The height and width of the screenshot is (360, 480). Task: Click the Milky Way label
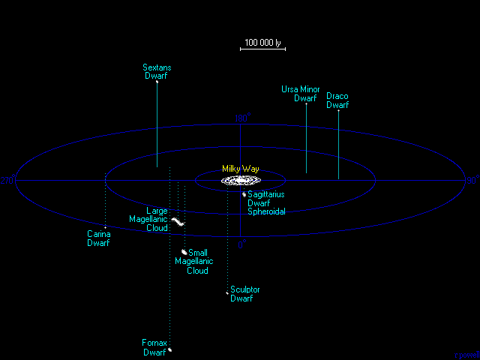tap(240, 169)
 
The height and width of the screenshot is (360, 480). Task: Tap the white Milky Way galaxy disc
tap(240, 181)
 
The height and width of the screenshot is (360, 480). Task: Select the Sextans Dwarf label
tap(157, 71)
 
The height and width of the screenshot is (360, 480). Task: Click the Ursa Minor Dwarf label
tap(300, 94)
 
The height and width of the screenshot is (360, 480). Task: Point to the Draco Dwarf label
tap(337, 100)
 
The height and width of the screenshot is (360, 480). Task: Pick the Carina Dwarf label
tap(99, 238)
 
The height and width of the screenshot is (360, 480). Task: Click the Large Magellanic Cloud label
tap(148, 219)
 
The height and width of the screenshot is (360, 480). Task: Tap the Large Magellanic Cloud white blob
tap(178, 221)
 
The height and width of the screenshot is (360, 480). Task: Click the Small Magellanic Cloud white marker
tap(184, 252)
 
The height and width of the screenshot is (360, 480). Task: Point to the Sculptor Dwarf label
tap(245, 293)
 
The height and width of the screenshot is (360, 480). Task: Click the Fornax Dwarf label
tap(154, 347)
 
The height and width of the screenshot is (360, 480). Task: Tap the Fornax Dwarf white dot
tap(170, 349)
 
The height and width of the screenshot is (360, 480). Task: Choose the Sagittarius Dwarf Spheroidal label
tap(266, 202)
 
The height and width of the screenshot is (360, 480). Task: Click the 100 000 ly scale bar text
tap(262, 43)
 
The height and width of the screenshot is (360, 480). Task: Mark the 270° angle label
tap(8, 181)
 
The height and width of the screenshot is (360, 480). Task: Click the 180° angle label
tap(472, 181)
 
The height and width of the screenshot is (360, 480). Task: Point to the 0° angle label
tap(241, 244)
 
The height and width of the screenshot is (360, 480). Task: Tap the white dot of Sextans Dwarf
tap(157, 81)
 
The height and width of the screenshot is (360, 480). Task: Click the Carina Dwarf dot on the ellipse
tap(105, 226)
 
